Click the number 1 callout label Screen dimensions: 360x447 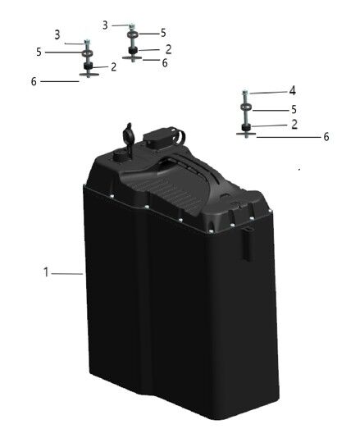tap(46, 272)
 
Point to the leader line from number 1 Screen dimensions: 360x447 tap(67, 274)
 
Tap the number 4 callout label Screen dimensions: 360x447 tap(292, 91)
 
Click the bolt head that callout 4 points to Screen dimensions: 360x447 tap(245, 93)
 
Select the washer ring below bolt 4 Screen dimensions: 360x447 tap(246, 107)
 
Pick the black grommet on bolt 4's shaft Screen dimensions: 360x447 tap(246, 127)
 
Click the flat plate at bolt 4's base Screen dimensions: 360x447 tap(246, 134)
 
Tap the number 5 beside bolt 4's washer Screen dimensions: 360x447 tap(294, 109)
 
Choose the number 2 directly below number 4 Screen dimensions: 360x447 tap(294, 125)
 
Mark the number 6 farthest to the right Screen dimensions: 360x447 tap(326, 137)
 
